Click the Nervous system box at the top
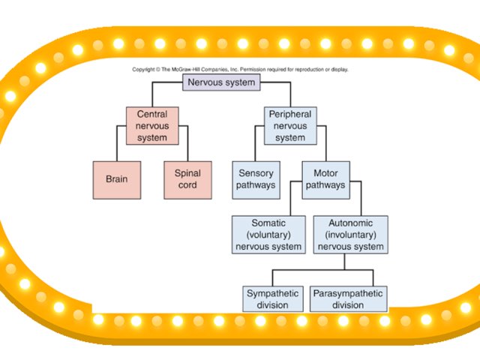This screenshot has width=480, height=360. coord(222,82)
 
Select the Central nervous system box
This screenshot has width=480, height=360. coord(152,126)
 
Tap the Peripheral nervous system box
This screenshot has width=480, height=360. coord(289,126)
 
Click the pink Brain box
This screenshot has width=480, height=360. coord(116,180)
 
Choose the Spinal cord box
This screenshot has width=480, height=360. coord(187,180)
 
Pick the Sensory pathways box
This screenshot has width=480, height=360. coord(256,180)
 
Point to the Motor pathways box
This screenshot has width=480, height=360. coord(325,180)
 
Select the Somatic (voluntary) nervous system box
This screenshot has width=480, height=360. coord(268,235)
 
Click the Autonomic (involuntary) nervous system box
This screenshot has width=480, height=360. coord(347,235)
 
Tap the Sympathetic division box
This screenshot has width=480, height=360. coord(273,299)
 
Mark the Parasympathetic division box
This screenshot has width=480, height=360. coord(347,299)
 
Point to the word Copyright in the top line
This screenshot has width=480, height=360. coord(145,70)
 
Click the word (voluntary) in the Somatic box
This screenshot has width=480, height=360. coord(268,235)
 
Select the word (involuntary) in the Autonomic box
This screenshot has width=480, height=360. coord(347,235)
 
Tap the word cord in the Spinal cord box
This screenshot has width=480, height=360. coord(187,185)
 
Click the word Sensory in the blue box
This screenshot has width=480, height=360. coord(256,174)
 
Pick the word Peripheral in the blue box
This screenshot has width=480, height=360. coord(289,115)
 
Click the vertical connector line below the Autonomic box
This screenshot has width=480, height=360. coord(344,261)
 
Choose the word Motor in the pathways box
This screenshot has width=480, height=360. coord(325,174)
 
